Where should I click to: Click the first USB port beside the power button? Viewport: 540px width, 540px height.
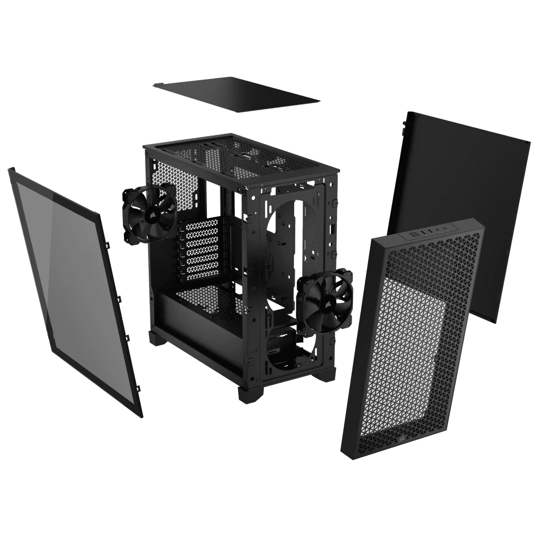(423, 232)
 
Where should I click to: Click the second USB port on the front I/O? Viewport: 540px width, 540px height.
(431, 230)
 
